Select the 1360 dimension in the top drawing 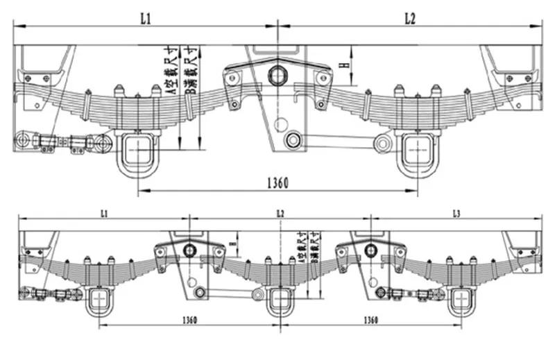(277, 182)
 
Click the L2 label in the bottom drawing (280, 212)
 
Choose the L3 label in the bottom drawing (456, 212)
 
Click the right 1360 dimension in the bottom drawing (368, 320)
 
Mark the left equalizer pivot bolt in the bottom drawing (190, 249)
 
